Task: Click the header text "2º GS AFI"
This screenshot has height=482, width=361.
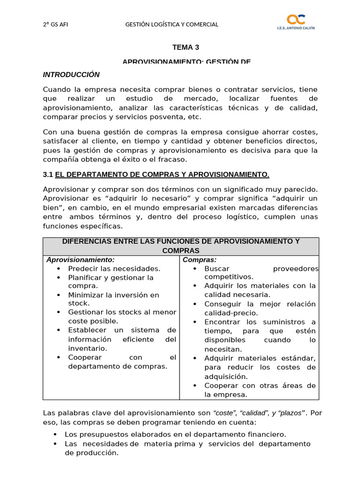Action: pyautogui.click(x=55, y=24)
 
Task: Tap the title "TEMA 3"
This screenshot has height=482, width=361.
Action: pyautogui.click(x=182, y=47)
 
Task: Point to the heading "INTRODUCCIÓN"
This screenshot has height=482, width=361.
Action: pyautogui.click(x=71, y=75)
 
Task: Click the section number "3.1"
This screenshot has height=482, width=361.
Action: pyautogui.click(x=48, y=175)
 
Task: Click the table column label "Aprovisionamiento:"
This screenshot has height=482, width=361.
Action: pyautogui.click(x=80, y=259)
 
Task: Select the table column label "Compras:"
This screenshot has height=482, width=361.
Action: pyautogui.click(x=199, y=259)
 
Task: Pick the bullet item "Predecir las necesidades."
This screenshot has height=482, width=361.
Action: pyautogui.click(x=114, y=268)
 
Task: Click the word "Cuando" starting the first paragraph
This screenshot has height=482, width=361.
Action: pyautogui.click(x=55, y=89)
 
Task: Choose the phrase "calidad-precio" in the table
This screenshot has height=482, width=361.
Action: pyautogui.click(x=231, y=313)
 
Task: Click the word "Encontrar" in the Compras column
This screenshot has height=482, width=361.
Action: pyautogui.click(x=223, y=322)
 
